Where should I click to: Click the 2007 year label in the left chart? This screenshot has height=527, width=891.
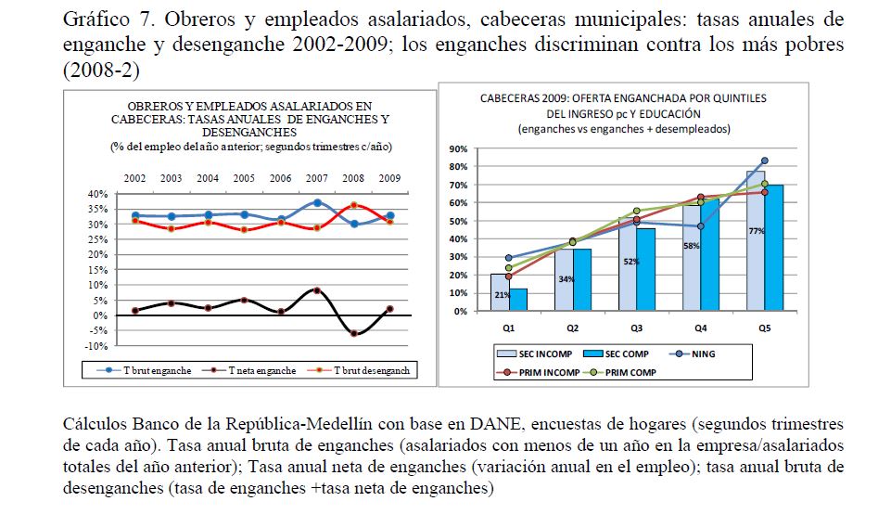pyautogui.click(x=316, y=177)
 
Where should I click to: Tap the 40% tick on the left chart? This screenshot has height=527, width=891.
pyautogui.click(x=96, y=194)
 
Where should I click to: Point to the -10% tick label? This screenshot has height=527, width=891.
pyautogui.click(x=96, y=345)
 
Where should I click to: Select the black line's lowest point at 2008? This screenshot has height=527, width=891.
pyautogui.click(x=353, y=333)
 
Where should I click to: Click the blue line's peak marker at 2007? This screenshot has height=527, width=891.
pyautogui.click(x=317, y=202)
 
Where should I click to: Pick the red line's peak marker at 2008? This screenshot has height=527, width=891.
pyautogui.click(x=353, y=205)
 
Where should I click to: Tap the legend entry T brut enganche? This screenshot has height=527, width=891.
pyautogui.click(x=159, y=370)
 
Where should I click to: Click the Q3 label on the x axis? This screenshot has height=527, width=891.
pyautogui.click(x=635, y=328)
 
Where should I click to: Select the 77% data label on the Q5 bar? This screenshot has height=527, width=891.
pyautogui.click(x=757, y=230)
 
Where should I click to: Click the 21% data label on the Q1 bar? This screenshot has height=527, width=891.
pyautogui.click(x=501, y=295)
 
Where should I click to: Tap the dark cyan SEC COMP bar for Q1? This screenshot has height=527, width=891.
pyautogui.click(x=519, y=300)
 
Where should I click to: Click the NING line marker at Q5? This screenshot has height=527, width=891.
pyautogui.click(x=764, y=161)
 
